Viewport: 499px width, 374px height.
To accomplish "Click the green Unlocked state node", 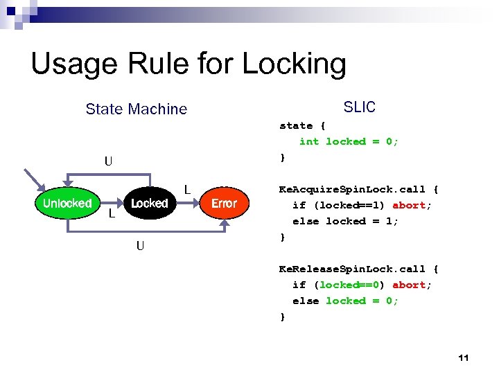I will (x=67, y=203).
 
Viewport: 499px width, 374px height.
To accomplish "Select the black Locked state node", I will (x=149, y=203).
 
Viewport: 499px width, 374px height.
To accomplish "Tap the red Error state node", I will (x=224, y=203).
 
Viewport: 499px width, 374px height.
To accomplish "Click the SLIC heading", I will (x=359, y=107).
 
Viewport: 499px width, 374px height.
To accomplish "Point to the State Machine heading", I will (x=136, y=109).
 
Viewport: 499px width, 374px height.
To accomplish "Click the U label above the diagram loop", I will (x=108, y=162).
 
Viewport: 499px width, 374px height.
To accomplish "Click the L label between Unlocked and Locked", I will (x=112, y=214).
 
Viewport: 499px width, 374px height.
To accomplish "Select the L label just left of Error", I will (x=186, y=189).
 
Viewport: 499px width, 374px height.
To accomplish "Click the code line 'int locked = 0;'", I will (x=349, y=141).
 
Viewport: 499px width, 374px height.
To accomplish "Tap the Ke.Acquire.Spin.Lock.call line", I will (x=358, y=189).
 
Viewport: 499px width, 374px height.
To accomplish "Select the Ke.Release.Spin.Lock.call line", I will (x=358, y=269).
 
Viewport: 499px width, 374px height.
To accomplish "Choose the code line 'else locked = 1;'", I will (x=345, y=221).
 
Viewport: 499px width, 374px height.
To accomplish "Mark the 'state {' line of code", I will (x=301, y=125).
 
